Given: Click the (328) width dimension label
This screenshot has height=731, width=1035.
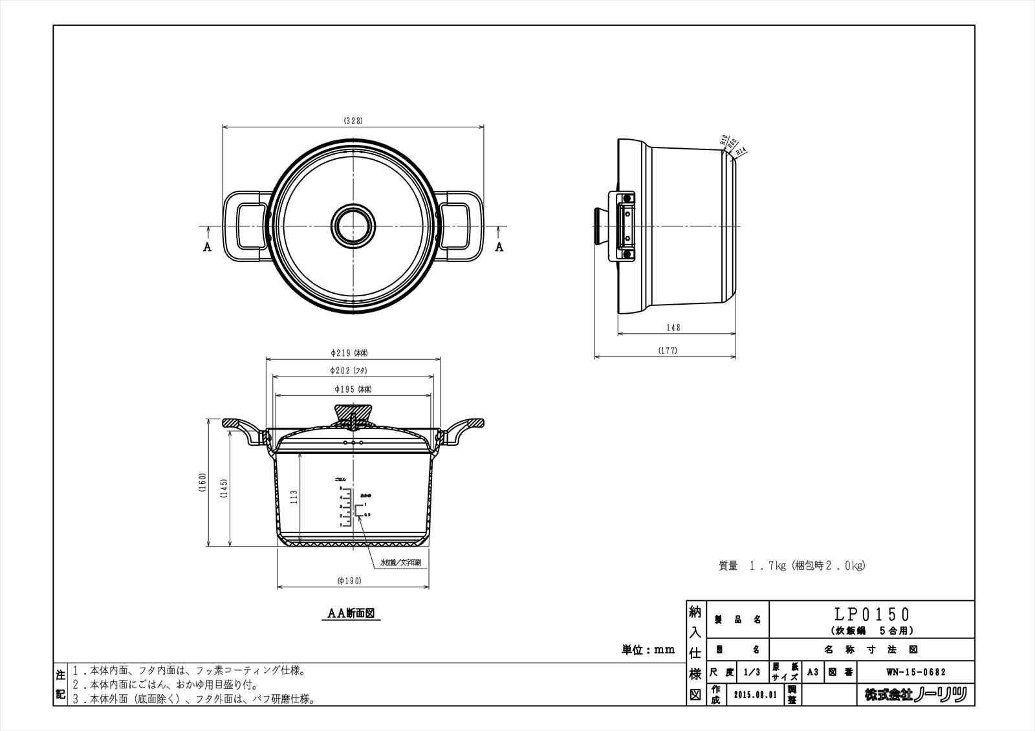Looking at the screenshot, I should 353,121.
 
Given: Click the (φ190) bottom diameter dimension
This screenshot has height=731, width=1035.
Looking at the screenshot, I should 349,581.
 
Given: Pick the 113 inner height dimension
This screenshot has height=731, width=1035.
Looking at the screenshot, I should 294,497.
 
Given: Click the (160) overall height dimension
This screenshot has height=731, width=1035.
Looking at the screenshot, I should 202,483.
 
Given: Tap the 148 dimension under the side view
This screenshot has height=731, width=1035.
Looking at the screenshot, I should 673,328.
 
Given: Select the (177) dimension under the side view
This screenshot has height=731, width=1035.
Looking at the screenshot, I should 668,351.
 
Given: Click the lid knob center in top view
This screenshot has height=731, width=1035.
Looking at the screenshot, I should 353,226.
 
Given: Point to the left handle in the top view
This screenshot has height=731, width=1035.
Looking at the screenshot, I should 246,226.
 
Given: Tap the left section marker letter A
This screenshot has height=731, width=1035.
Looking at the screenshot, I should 207,247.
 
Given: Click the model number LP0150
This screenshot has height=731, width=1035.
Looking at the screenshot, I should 871,614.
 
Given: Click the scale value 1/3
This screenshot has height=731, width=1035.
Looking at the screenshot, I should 752,672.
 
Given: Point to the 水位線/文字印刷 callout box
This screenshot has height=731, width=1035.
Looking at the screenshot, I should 400,563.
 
